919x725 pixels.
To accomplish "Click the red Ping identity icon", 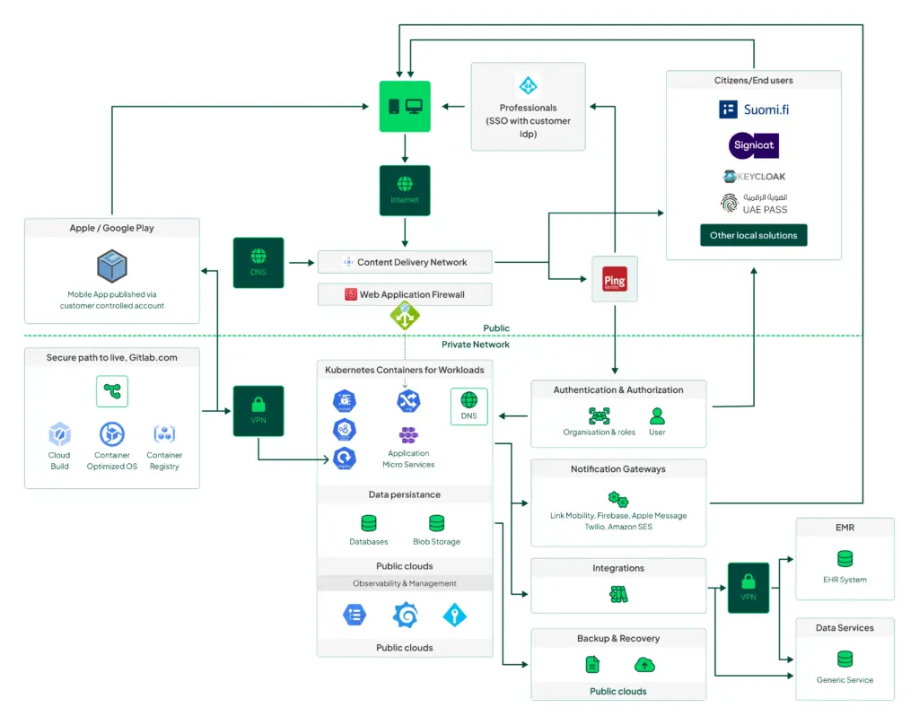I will click(615, 279).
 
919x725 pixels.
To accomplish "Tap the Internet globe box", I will click(405, 189).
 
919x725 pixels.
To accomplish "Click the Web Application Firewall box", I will click(405, 293).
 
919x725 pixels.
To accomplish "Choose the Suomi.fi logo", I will click(754, 109).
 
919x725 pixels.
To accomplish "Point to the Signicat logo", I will click(754, 145).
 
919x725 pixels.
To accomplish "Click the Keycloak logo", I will click(754, 177).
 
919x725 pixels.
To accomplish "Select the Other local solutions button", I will click(754, 235).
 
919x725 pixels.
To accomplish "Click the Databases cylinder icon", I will click(368, 523).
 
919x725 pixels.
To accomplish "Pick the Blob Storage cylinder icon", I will click(436, 523).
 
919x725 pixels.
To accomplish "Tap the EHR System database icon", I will click(845, 559).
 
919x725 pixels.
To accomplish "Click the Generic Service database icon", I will click(845, 659).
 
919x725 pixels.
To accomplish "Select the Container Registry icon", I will click(164, 434).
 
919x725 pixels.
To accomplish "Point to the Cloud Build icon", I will click(59, 434).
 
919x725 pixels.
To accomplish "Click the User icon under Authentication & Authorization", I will click(657, 415).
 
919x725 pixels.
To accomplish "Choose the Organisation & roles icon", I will click(599, 415).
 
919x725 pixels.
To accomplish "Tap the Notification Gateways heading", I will click(618, 469).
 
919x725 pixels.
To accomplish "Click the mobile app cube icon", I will click(112, 266).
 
